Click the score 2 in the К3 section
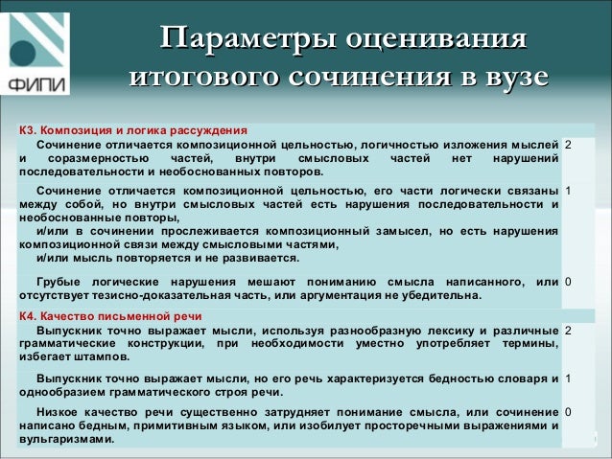coord(569,144)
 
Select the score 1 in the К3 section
coord(569,190)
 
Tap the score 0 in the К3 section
coord(569,282)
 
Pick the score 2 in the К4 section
coord(569,330)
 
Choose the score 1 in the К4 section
coord(569,378)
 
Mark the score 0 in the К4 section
coord(569,411)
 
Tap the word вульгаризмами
coord(65,439)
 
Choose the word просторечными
coord(417,425)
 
